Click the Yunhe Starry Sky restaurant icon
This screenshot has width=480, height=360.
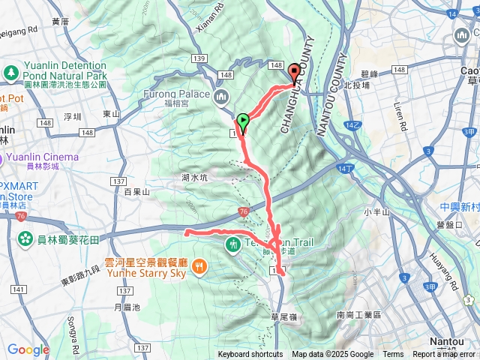pos(199,265)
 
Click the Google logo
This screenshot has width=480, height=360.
pos(28,349)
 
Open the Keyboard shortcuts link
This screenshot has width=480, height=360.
pos(250,355)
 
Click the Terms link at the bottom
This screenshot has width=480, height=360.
pos(393,355)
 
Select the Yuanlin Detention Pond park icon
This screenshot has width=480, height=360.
pos(10,73)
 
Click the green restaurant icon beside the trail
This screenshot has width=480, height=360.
pos(235,244)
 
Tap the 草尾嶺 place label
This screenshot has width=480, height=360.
pos(283,318)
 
